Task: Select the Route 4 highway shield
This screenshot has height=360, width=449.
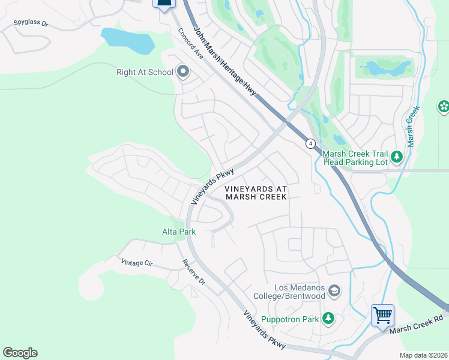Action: point(310,143)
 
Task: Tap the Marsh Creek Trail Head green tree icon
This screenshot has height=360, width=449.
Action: point(396,157)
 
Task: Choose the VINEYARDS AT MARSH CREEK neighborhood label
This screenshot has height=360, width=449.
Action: point(256,193)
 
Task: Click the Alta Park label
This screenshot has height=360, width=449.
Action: point(179,232)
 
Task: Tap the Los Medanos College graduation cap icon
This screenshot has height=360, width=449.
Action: point(334,292)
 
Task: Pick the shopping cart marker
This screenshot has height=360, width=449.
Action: point(382,314)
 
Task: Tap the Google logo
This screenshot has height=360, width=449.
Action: point(20,353)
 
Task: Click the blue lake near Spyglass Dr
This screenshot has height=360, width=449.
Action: point(127,40)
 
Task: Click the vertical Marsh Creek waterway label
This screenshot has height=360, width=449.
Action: point(411,128)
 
